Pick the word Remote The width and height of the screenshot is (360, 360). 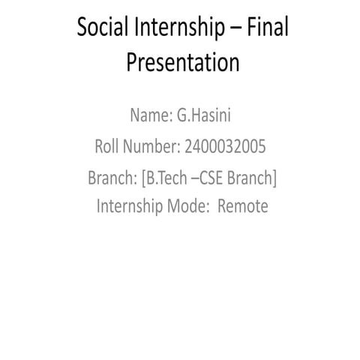242,206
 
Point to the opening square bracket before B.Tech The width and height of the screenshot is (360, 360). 142,179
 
